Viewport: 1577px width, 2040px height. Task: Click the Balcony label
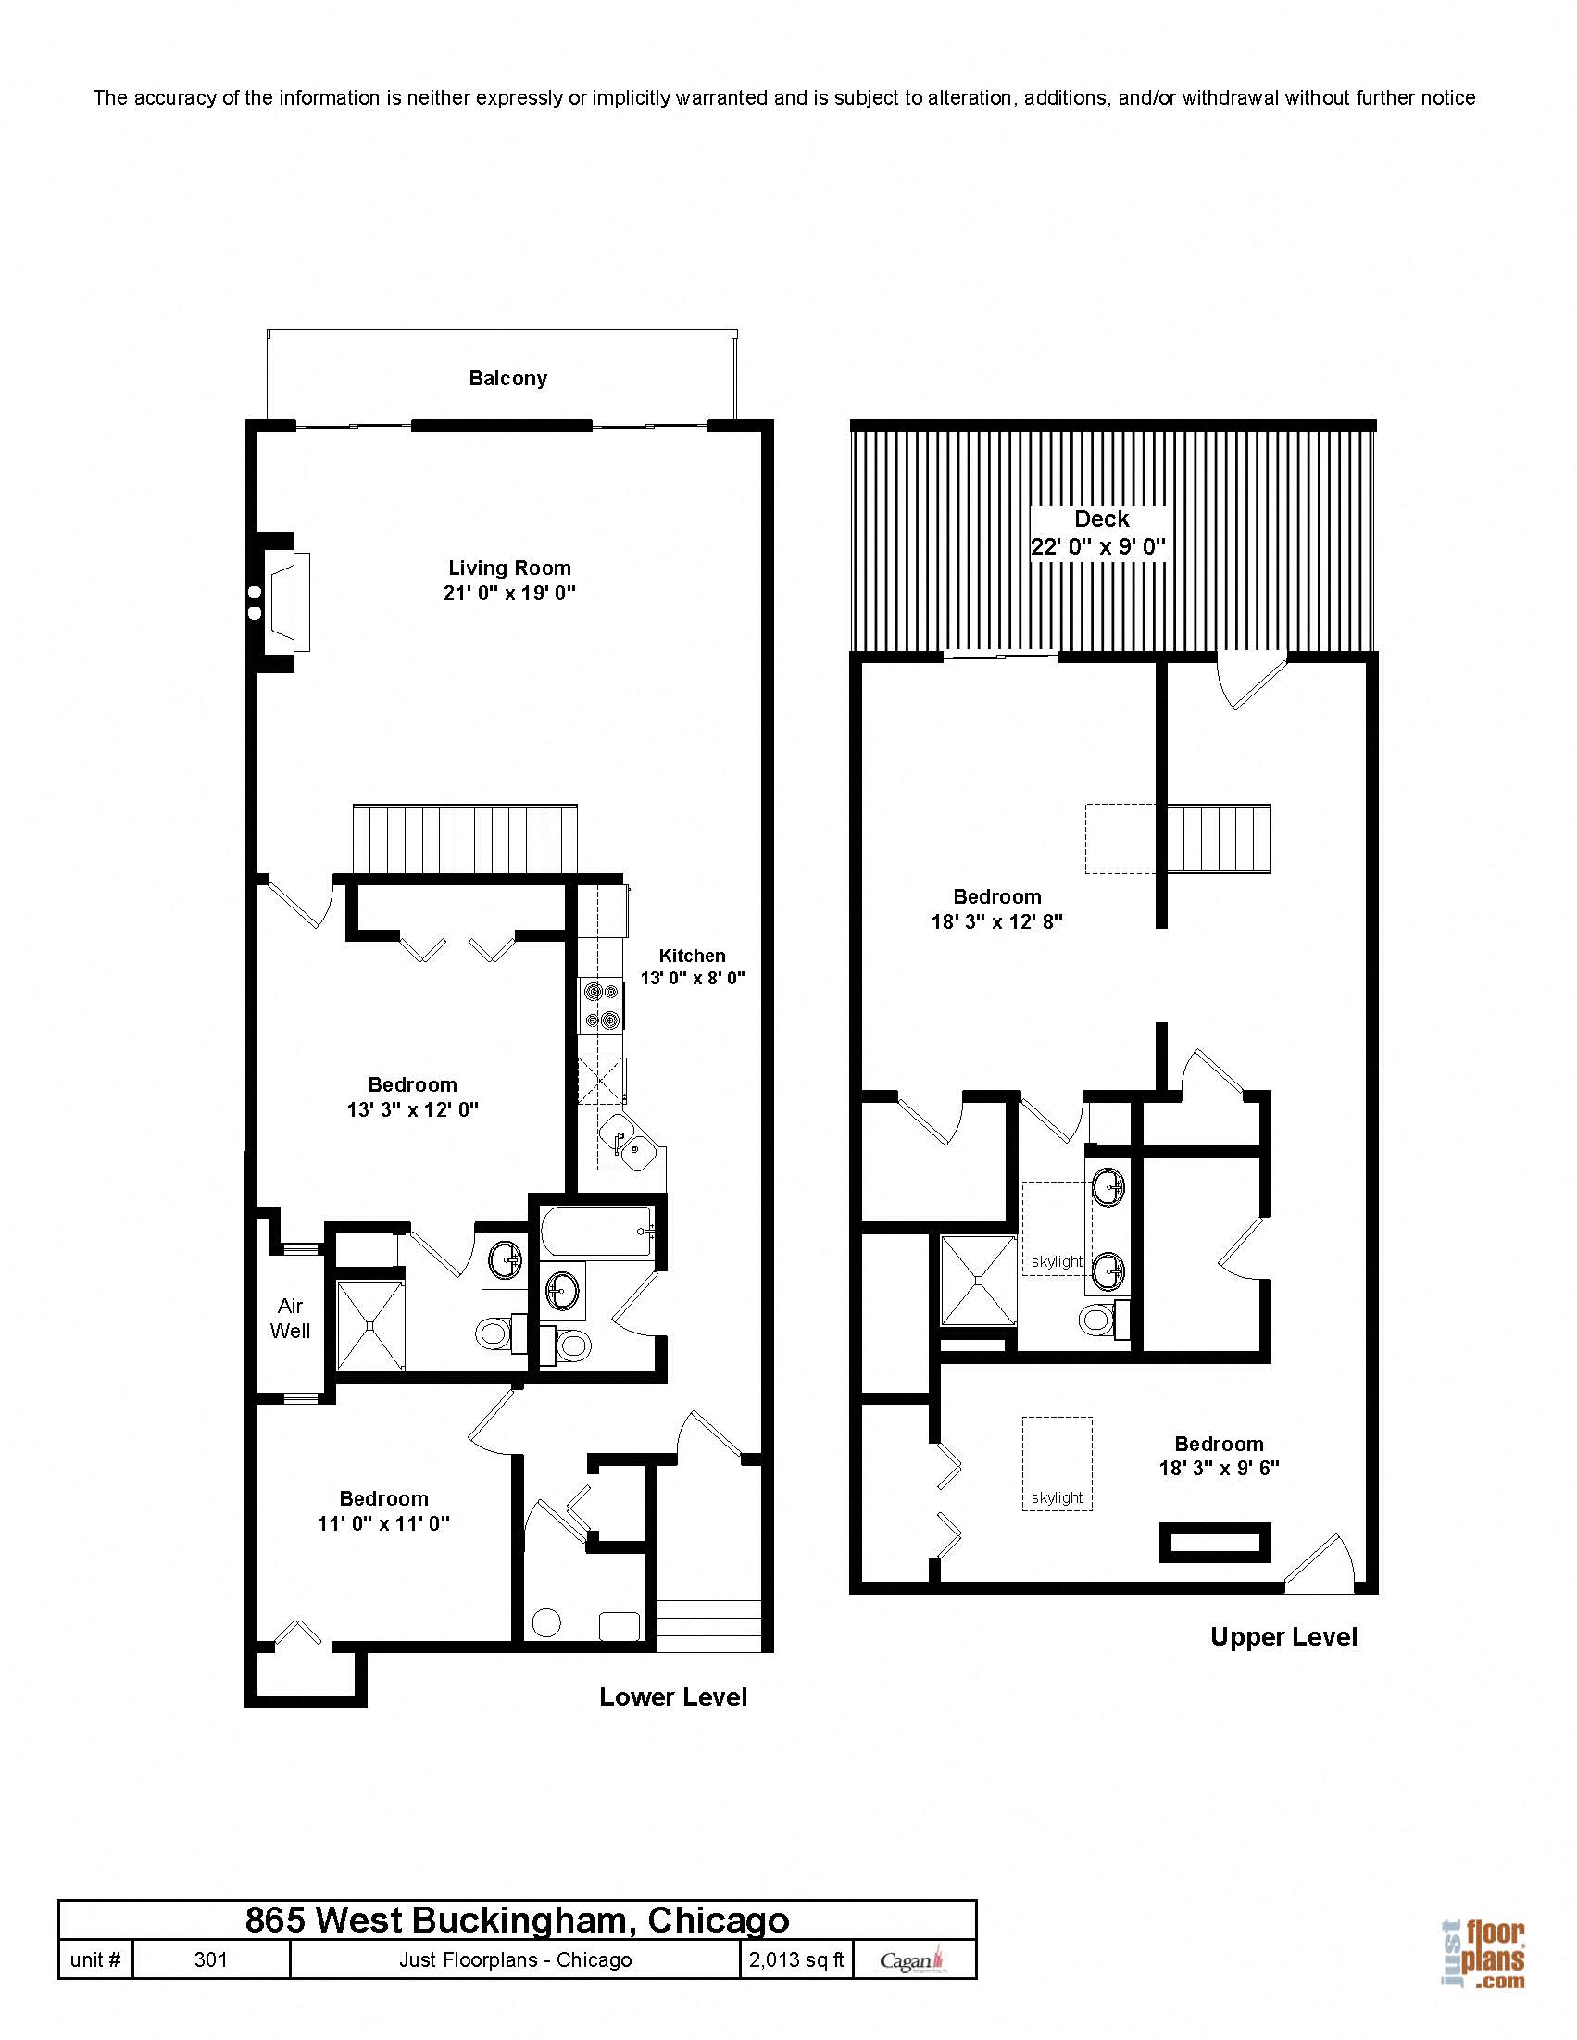(x=507, y=379)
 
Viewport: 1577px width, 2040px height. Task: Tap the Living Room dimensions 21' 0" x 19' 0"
(x=509, y=593)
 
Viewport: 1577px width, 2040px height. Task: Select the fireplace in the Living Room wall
(x=286, y=603)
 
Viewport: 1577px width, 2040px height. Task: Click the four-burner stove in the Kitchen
(x=600, y=1005)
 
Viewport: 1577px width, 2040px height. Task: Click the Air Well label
(x=290, y=1318)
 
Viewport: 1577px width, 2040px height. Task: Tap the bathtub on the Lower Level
(x=596, y=1232)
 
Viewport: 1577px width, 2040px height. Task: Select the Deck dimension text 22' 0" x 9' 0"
(x=1097, y=547)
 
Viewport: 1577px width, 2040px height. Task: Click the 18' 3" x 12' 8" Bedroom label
(x=996, y=908)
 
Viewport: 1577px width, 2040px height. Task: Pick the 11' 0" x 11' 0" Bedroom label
(x=383, y=1511)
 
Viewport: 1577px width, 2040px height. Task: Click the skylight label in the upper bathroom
(x=1057, y=1262)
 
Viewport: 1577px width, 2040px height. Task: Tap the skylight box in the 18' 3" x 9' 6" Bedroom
(x=1057, y=1464)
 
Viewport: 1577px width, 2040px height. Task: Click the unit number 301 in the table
(x=210, y=1959)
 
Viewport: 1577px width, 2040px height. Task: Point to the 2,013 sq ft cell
(x=796, y=1959)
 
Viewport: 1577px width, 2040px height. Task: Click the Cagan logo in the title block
(x=913, y=1960)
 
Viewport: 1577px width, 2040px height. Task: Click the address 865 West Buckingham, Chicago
(x=517, y=1921)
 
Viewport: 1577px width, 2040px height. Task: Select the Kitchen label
(x=692, y=956)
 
